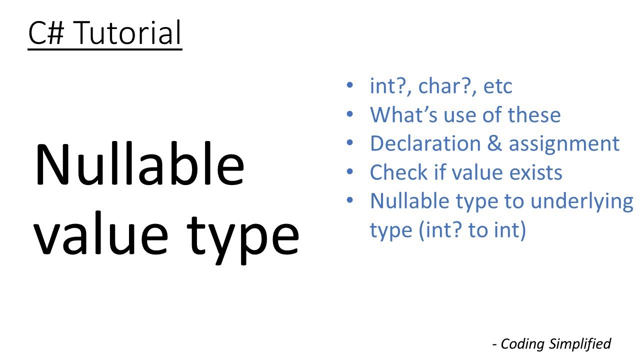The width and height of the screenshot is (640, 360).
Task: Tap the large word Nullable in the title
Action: pyautogui.click(x=139, y=165)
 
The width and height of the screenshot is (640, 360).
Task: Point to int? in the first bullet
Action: pyautogui.click(x=390, y=86)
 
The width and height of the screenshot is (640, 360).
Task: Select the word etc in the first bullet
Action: pyautogui.click(x=498, y=86)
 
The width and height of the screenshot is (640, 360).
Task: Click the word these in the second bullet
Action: pyautogui.click(x=534, y=115)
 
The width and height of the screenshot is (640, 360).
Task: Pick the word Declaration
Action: pyautogui.click(x=424, y=143)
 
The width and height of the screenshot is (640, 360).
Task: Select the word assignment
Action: pyautogui.click(x=564, y=144)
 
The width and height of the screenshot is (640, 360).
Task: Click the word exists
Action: pyautogui.click(x=535, y=172)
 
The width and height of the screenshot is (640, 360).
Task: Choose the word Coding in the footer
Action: pyautogui.click(x=522, y=344)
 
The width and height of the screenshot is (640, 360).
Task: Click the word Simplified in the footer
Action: pyautogui.click(x=580, y=344)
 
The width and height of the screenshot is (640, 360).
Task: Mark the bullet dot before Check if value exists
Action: pyautogui.click(x=350, y=172)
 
